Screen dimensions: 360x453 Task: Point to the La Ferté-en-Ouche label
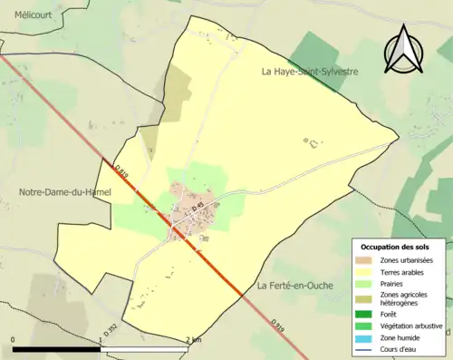coord(295,286)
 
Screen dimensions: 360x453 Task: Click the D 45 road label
coord(197,208)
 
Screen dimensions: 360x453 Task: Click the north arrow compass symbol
coord(400,50)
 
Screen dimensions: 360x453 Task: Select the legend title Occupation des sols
coord(395,247)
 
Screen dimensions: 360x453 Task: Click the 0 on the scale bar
coord(14,340)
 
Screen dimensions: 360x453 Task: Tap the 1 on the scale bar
coord(101,340)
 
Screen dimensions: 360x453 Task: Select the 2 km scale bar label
coord(193,340)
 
